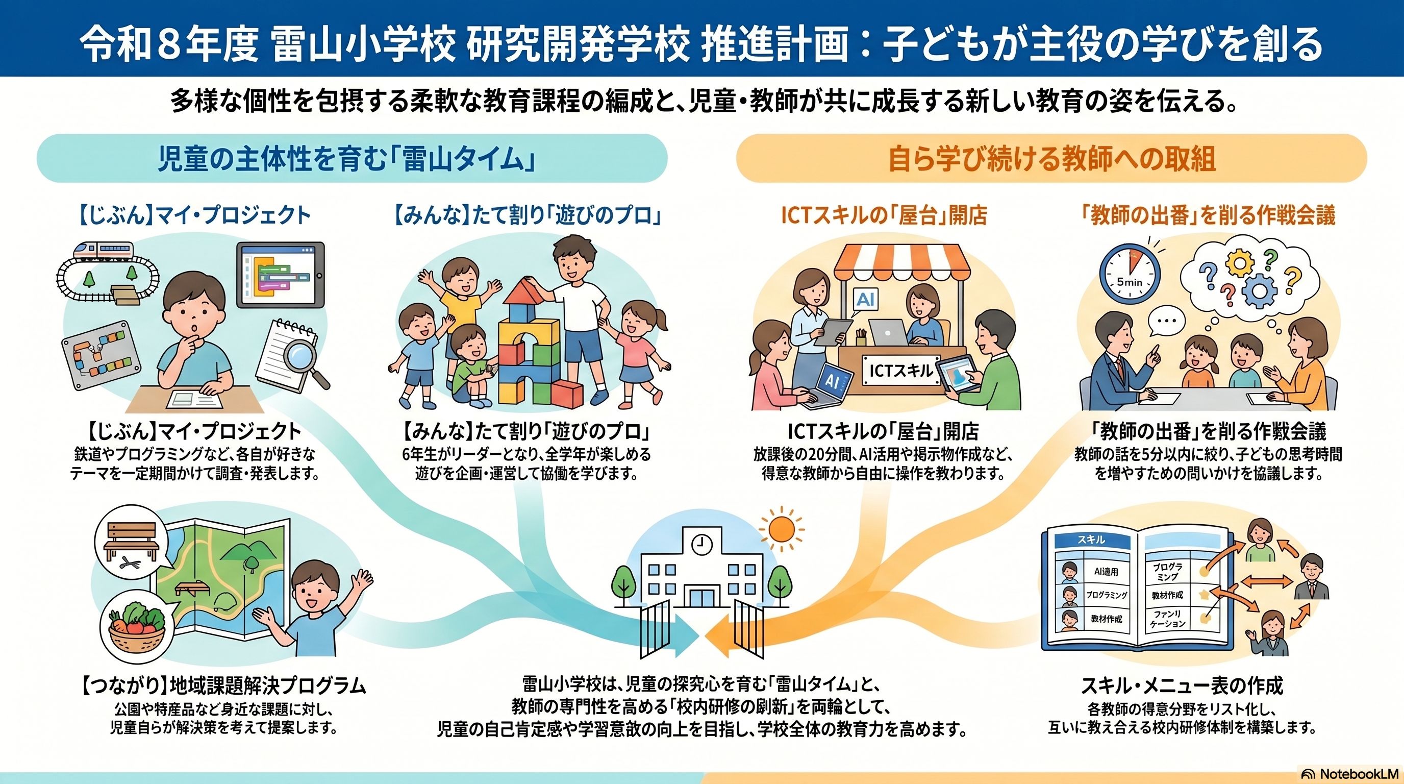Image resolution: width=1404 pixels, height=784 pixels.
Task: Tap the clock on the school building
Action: point(702,545)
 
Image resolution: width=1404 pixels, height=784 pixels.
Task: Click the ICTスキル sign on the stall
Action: point(900,371)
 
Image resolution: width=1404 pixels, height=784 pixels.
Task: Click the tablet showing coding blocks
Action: point(280,276)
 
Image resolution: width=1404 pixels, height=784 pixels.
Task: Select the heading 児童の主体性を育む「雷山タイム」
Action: point(346,159)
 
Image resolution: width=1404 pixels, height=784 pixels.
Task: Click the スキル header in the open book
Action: point(1092,540)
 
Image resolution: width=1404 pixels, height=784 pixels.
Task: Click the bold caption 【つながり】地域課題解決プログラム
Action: point(223,686)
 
